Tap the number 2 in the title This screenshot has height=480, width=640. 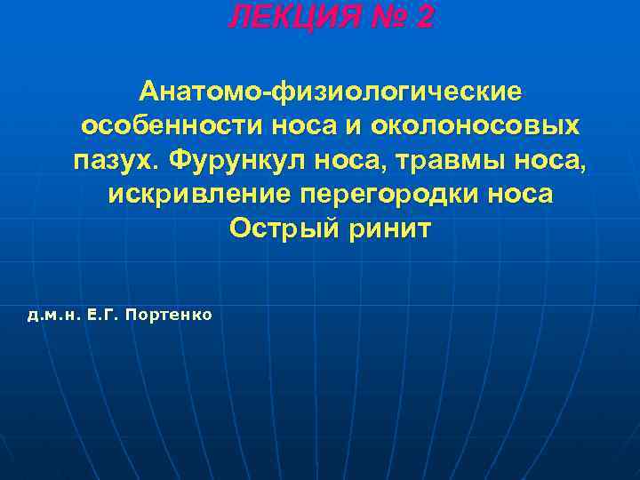(423, 16)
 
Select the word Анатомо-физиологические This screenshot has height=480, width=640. (329, 92)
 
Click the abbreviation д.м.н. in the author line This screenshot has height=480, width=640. (55, 315)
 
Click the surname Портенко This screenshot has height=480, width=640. (169, 315)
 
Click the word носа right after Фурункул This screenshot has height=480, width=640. (364, 161)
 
